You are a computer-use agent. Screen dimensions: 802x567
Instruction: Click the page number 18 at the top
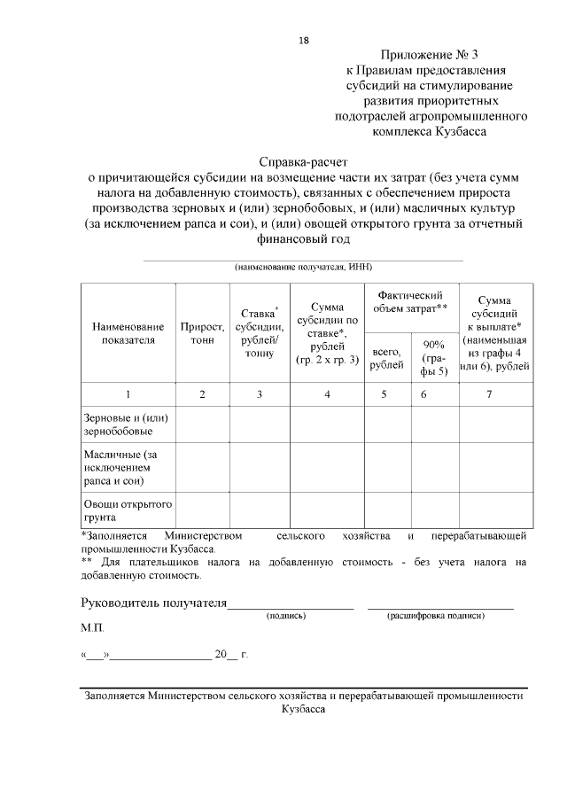303,41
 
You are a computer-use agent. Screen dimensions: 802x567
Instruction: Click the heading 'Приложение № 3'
429,54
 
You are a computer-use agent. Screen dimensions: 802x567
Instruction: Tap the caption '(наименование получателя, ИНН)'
302,267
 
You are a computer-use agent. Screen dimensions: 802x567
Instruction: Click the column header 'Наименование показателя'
128,333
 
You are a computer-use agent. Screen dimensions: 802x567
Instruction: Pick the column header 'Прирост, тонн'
203,333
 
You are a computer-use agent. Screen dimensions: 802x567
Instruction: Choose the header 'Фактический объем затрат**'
410,301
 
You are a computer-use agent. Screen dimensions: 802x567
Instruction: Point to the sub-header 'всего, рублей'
386,358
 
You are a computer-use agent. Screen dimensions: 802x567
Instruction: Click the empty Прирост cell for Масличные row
203,467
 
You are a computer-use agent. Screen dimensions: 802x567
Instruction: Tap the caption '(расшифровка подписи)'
438,615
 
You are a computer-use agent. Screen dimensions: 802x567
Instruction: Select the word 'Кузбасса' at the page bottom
303,710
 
